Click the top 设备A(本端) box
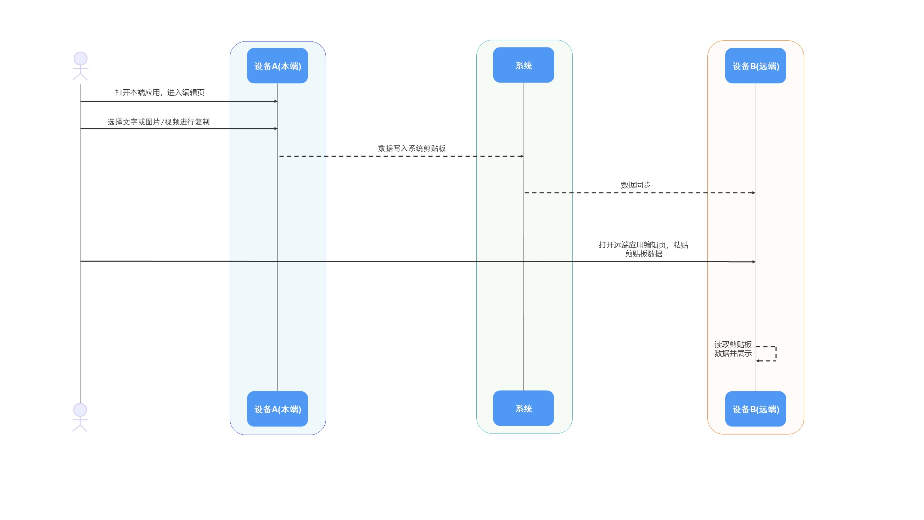click(277, 66)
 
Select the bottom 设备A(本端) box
click(277, 409)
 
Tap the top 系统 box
click(523, 65)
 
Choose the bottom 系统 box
click(523, 408)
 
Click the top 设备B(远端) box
click(755, 66)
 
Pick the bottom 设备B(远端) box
click(755, 409)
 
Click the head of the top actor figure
click(80, 58)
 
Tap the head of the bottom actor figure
click(80, 410)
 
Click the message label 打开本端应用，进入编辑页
click(159, 93)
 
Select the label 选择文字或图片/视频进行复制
click(158, 122)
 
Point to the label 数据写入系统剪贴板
click(412, 149)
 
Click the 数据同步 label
click(635, 185)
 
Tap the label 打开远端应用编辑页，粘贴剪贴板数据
click(644, 249)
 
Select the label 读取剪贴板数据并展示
click(733, 349)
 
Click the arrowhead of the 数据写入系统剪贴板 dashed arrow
click(522, 156)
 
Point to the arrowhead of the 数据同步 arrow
click(754, 193)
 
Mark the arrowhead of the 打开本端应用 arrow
click(276, 101)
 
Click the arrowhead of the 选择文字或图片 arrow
click(276, 129)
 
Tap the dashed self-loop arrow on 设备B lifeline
click(776, 354)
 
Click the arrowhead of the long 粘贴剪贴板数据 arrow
click(754, 262)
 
